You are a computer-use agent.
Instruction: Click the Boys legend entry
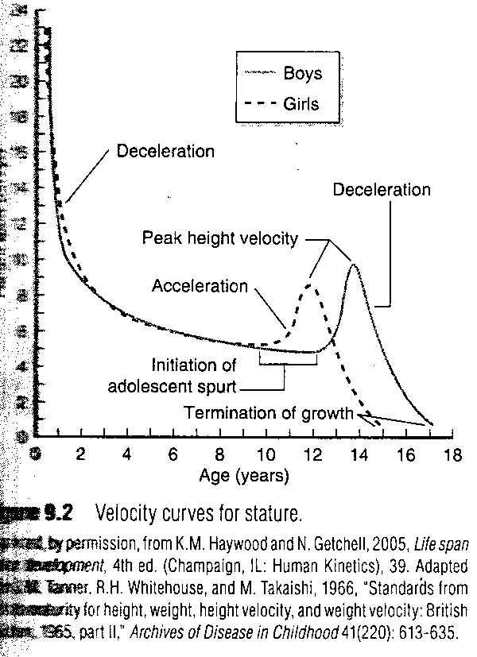(301, 75)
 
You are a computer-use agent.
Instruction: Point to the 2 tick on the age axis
(80, 455)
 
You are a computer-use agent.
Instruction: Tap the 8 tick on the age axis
(220, 455)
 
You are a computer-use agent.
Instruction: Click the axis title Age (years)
(244, 476)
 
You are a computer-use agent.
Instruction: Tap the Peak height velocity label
(220, 238)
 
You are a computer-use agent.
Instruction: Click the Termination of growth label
(269, 413)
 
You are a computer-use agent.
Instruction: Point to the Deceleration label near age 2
(165, 151)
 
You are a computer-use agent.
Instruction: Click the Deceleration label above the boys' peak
(382, 190)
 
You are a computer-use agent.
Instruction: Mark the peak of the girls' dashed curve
(310, 284)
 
